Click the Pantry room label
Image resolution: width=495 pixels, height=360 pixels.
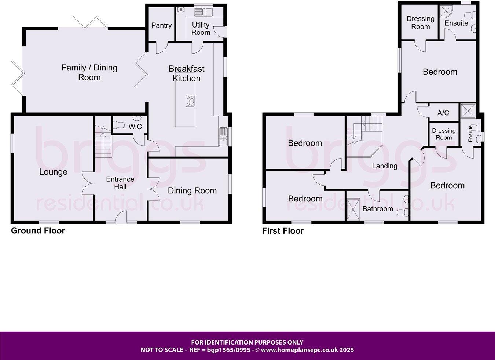tap(161, 25)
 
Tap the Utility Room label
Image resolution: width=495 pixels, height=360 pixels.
tap(201, 29)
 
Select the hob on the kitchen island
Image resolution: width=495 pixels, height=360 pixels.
tap(190, 101)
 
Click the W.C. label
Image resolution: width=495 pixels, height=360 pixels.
tap(136, 127)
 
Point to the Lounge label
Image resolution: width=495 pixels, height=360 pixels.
tap(53, 172)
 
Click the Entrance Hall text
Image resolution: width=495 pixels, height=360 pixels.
tap(120, 183)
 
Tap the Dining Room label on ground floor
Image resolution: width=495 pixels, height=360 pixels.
tap(192, 191)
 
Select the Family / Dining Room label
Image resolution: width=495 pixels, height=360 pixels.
tap(89, 72)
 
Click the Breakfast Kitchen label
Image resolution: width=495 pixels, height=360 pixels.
tap(186, 73)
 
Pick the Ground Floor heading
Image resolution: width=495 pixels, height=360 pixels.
tap(38, 231)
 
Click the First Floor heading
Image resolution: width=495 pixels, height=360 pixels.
tap(283, 231)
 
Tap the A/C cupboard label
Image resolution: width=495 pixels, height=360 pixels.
tap(443, 113)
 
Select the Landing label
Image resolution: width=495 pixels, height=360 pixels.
tap(385, 166)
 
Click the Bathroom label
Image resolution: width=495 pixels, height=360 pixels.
tap(377, 209)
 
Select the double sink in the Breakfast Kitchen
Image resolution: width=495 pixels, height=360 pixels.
tap(223, 137)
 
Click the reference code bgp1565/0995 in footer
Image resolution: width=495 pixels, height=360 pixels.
tap(228, 350)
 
